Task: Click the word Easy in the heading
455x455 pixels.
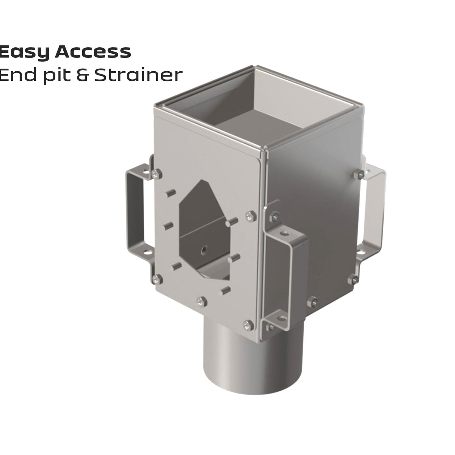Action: click(25, 52)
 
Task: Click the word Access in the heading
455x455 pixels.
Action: click(93, 52)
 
